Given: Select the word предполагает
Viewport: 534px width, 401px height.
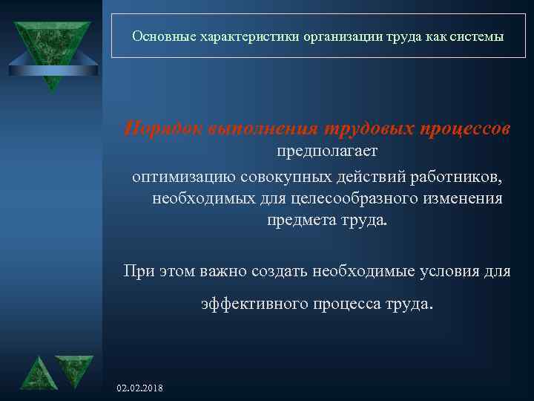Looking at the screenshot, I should coord(327,152).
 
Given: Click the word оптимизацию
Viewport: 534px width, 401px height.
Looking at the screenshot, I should coord(184,176).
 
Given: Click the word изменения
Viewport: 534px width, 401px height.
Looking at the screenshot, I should coord(460,199).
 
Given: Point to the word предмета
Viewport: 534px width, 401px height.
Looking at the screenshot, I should coord(298,222).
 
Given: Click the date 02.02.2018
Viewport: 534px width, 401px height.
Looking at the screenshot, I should coord(141,388).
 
